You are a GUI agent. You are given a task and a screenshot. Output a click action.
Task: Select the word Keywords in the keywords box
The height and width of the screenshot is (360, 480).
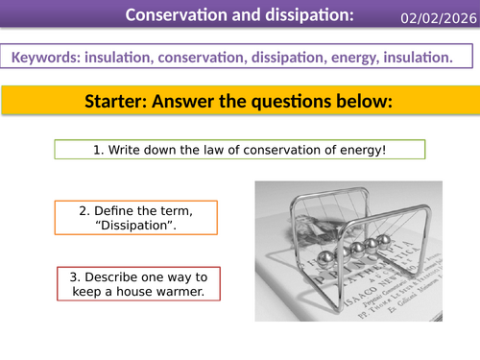pos(47,59)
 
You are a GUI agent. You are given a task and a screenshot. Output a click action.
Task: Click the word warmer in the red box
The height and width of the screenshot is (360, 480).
pos(191,292)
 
